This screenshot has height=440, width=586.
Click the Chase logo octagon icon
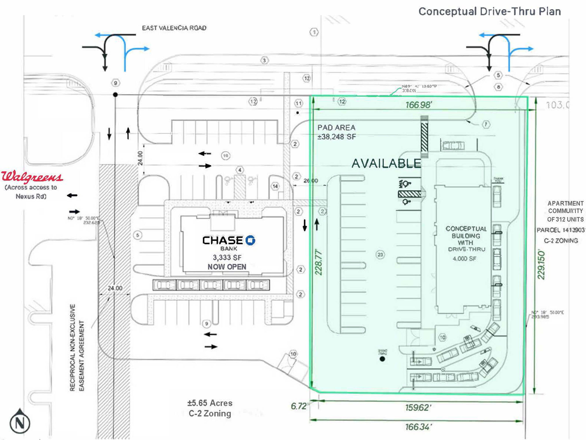point(250,240)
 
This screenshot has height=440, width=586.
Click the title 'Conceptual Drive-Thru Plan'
point(490,11)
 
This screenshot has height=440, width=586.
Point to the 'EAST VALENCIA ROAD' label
point(174,28)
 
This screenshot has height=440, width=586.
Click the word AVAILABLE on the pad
point(386,163)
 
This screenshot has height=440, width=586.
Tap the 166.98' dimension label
point(418,105)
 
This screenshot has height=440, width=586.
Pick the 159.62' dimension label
point(418,407)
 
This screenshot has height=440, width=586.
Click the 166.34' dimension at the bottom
point(418,427)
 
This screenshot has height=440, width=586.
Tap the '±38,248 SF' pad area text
point(337,137)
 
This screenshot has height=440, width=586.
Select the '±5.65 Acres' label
point(210,403)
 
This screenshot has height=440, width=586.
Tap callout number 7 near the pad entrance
point(486,124)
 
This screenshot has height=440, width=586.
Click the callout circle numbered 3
point(264,60)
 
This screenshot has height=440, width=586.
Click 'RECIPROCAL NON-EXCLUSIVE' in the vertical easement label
point(72,347)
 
